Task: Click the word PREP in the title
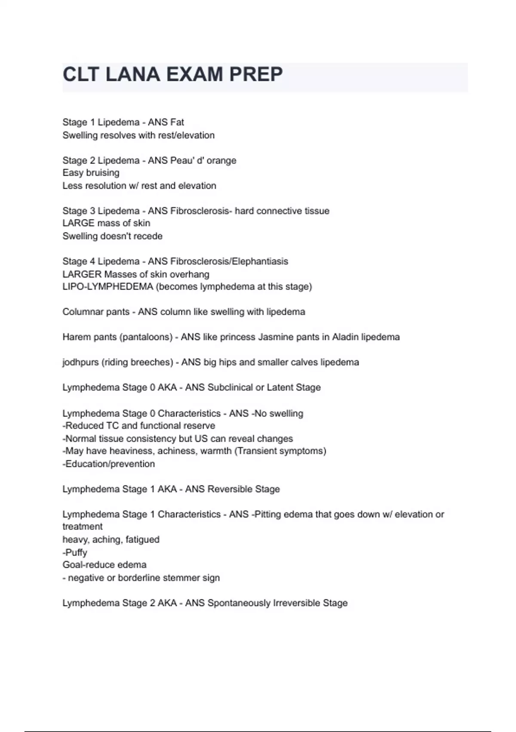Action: point(256,74)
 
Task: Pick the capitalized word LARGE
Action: point(78,223)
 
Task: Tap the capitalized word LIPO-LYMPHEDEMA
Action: point(107,287)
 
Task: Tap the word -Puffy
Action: point(75,552)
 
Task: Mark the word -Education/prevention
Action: point(108,464)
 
